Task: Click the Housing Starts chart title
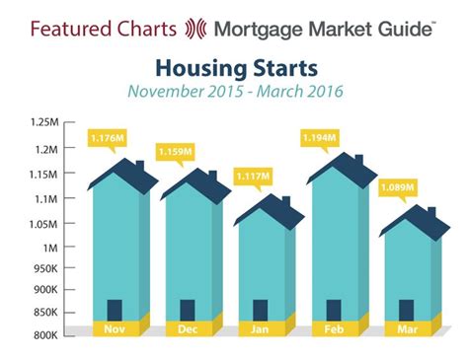point(233,69)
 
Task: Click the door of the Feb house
point(334,309)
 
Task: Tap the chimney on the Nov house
point(139,167)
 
